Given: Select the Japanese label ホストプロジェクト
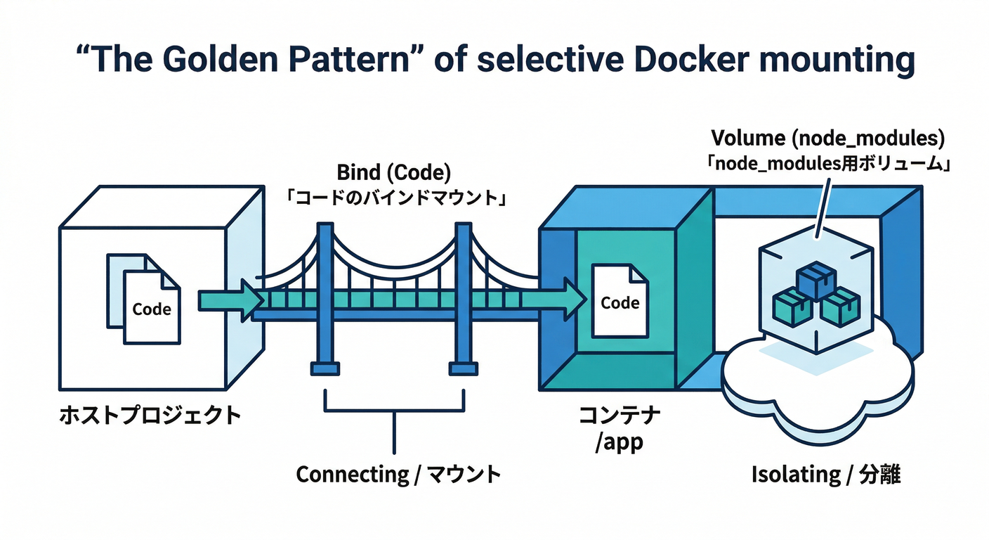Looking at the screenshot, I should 149,416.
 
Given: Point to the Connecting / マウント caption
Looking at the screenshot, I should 398,474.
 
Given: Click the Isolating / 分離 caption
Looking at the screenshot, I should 826,475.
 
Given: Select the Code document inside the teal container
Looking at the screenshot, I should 619,302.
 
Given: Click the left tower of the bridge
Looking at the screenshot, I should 325,295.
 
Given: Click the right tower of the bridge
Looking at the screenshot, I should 464,295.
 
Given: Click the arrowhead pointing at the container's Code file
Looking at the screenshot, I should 574,300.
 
